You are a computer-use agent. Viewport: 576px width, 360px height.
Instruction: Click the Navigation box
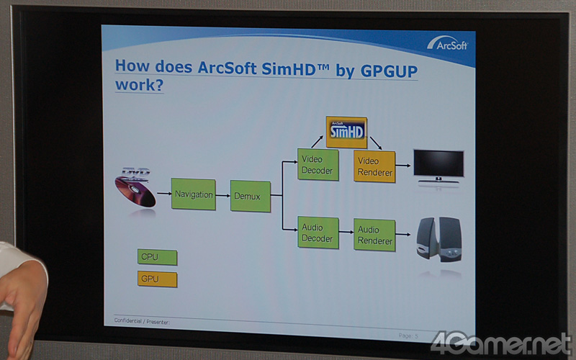pos(193,194)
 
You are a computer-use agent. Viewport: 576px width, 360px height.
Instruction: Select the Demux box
pos(251,196)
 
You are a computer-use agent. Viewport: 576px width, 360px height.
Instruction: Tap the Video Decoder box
pos(318,165)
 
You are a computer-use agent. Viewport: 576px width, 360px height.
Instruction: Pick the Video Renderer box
pos(374,166)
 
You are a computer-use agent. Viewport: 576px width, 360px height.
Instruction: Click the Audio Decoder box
pos(318,233)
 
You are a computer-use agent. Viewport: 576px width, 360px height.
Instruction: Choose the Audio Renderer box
pos(374,235)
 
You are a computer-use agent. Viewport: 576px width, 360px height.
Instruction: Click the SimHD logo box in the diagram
pos(346,132)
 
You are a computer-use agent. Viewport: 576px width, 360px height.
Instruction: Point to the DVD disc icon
pos(135,187)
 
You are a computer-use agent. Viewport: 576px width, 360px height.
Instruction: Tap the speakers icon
pos(439,238)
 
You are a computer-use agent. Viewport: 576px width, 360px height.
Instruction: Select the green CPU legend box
pos(157,257)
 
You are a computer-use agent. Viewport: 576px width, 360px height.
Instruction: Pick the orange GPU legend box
pos(157,279)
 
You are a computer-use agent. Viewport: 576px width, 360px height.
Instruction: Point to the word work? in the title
pos(139,85)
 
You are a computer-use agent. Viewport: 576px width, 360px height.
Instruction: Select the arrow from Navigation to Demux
pos(223,195)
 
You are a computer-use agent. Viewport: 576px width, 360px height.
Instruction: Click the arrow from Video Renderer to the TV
pos(404,166)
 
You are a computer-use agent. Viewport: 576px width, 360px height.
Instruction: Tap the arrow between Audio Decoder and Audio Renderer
pos(346,234)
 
